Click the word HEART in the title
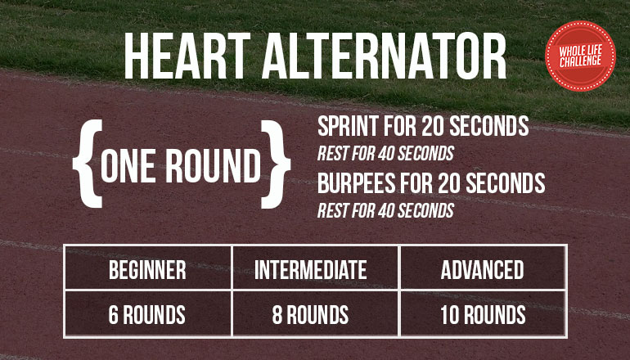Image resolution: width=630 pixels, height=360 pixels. tap(187, 56)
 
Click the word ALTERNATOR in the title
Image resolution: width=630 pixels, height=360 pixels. tap(384, 56)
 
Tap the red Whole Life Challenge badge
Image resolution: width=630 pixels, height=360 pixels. tap(580, 56)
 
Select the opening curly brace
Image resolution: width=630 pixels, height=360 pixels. tap(88, 164)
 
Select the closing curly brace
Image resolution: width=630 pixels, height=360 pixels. tap(276, 164)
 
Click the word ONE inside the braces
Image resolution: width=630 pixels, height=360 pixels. tap(128, 165)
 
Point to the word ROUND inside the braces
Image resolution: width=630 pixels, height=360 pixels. tap(214, 165)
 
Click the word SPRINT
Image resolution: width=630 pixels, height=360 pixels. tap(349, 126)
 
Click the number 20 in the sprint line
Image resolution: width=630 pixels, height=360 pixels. tap(432, 126)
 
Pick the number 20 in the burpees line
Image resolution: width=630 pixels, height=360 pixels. tap(448, 182)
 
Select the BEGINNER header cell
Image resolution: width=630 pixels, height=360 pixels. tap(148, 268)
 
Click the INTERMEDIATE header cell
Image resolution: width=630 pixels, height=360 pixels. tap(315, 268)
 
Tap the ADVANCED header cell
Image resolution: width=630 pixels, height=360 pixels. tap(483, 268)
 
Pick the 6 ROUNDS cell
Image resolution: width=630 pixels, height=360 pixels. tap(148, 313)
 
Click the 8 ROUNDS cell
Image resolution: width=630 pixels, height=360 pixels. tap(315, 313)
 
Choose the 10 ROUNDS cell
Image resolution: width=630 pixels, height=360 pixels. tap(483, 313)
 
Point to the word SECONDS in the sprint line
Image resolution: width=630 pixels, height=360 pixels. tap(489, 126)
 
